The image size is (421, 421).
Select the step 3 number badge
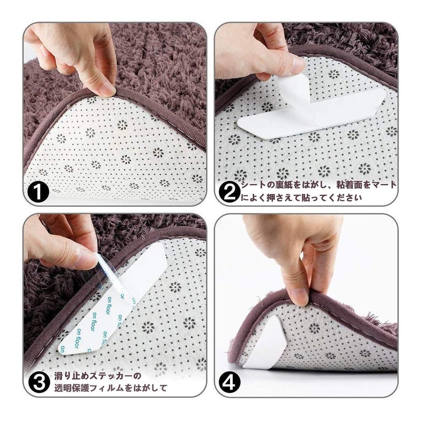[x=40, y=382]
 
